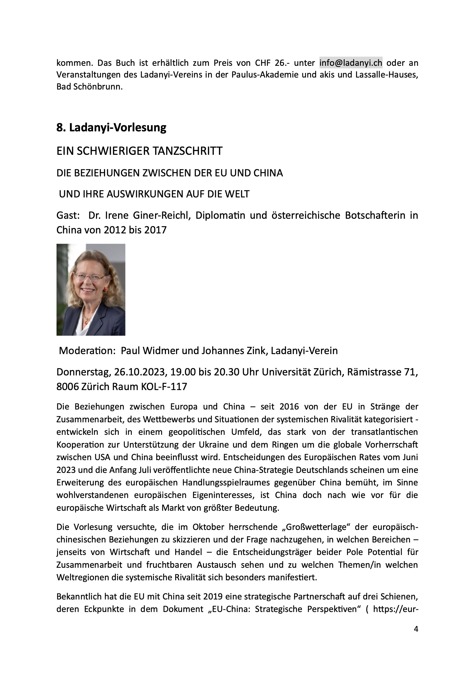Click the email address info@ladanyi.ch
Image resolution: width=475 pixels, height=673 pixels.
pos(351,63)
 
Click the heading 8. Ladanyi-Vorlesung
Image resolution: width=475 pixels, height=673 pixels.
pos(111,128)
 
